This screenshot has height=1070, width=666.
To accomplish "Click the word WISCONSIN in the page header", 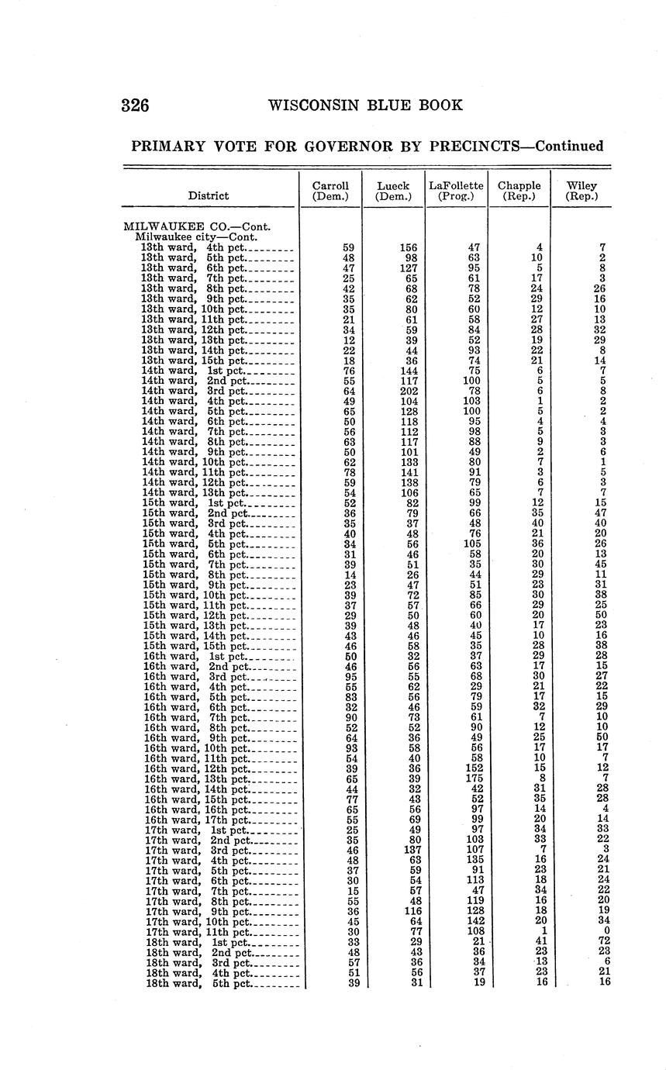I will pyautogui.click(x=312, y=105).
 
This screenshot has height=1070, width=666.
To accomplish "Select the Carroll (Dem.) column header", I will pyautogui.click(x=330, y=191).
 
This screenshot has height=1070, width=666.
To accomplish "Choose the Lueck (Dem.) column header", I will pyautogui.click(x=393, y=191).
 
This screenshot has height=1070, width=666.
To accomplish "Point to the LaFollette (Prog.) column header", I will pyautogui.click(x=456, y=191).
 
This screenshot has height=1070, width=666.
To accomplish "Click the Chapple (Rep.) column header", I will pyautogui.click(x=519, y=191).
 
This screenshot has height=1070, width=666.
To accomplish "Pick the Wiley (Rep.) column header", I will pyautogui.click(x=581, y=191).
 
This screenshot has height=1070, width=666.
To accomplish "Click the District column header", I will pyautogui.click(x=209, y=196).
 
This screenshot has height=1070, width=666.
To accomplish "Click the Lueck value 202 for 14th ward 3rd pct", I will pyautogui.click(x=408, y=391).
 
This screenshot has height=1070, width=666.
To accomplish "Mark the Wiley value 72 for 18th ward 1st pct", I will pyautogui.click(x=602, y=941).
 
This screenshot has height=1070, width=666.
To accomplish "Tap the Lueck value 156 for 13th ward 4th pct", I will pyautogui.click(x=408, y=248).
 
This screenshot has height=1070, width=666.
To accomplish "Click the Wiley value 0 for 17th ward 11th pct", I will pyautogui.click(x=605, y=930).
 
